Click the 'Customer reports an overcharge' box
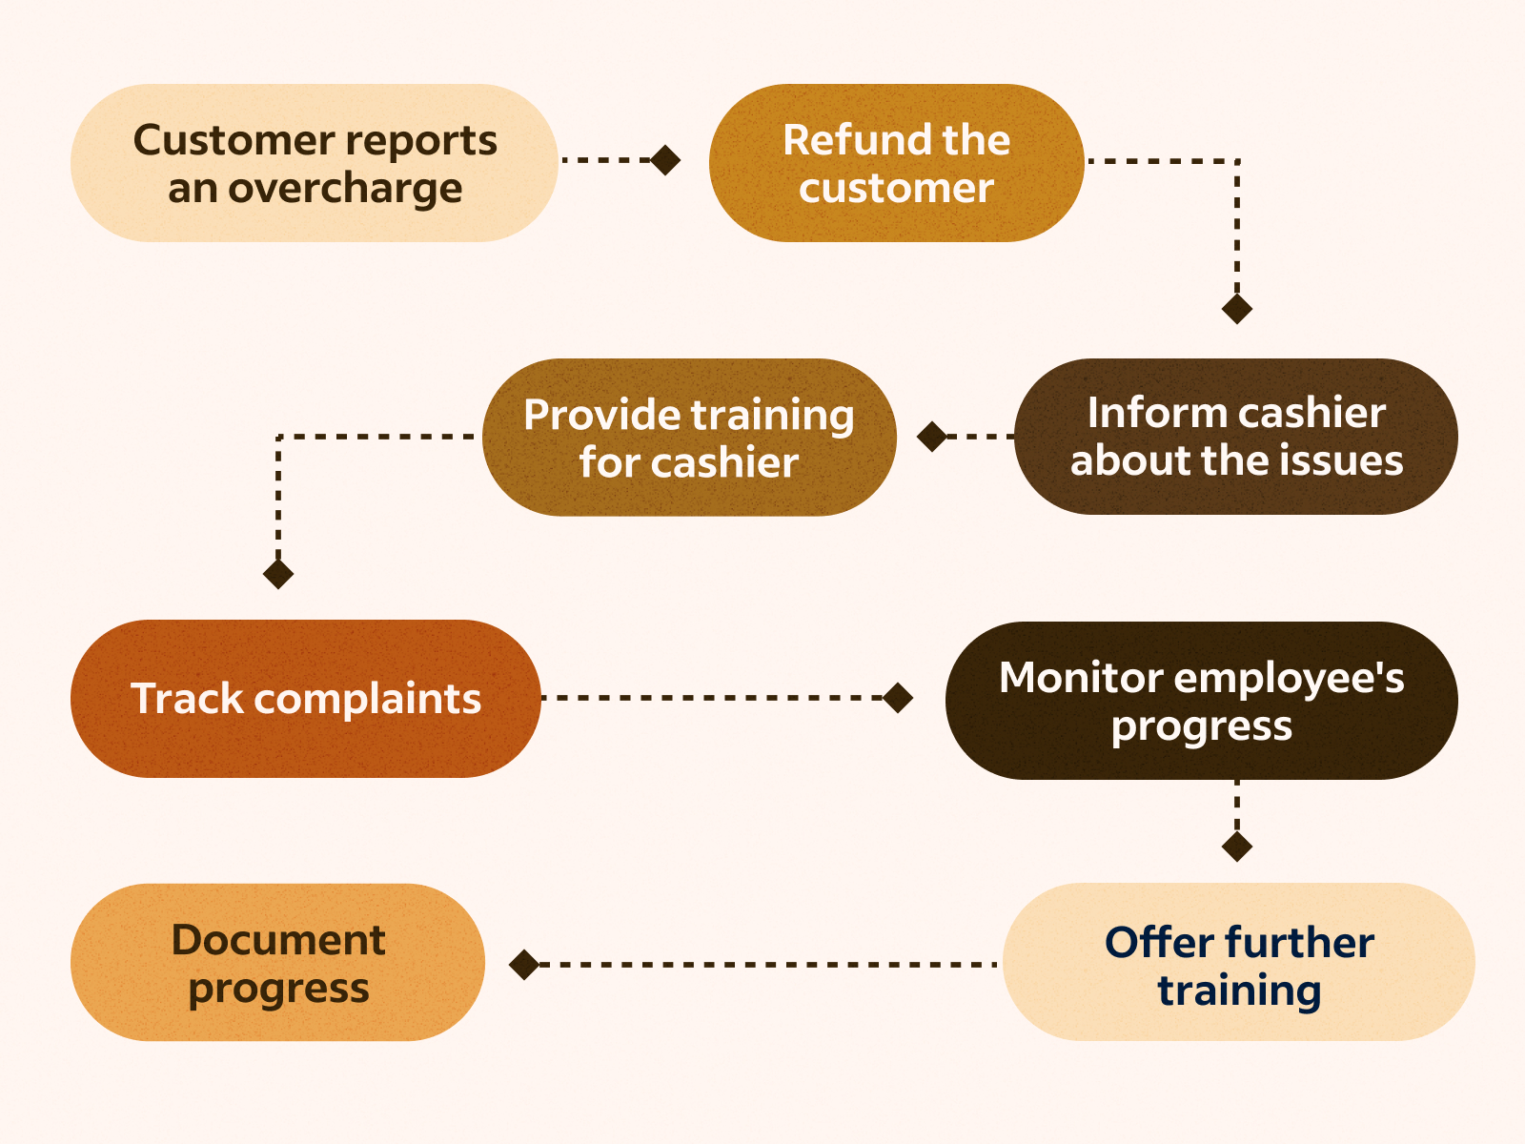pos(315,163)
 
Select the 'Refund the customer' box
pos(896,163)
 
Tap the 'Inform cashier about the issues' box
pos(1236,437)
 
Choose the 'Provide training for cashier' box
pos(689,438)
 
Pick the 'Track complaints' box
pos(305,699)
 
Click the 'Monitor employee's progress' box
pos(1201,701)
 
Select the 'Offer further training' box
pos(1238,962)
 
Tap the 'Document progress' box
pos(277,962)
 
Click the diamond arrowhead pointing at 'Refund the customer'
pos(665,160)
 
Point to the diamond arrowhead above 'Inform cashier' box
pos(1237,309)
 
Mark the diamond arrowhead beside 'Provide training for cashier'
pos(932,437)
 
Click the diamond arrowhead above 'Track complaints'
pos(278,574)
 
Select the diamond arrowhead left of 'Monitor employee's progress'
pos(898,698)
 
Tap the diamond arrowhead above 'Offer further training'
pos(1237,847)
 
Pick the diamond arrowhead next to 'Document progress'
pos(524,965)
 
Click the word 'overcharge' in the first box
pos(345,189)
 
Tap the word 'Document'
pos(277,940)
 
